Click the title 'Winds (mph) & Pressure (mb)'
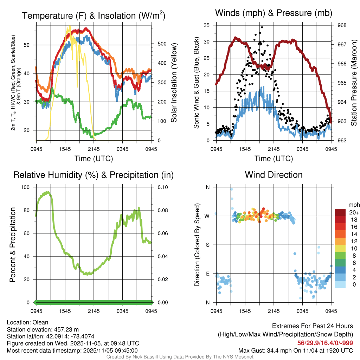[274, 13]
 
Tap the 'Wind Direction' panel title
[274, 175]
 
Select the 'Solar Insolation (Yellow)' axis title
[174, 83]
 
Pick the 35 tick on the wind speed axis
[207, 25]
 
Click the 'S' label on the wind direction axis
[208, 245]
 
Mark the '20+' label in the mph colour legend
[354, 212]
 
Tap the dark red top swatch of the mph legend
[340, 212]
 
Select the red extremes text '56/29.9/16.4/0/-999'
[325, 343]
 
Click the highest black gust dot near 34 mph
[262, 27]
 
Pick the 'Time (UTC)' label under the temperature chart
[94, 159]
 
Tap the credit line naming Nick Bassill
[180, 357]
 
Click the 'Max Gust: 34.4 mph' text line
[296, 350]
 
